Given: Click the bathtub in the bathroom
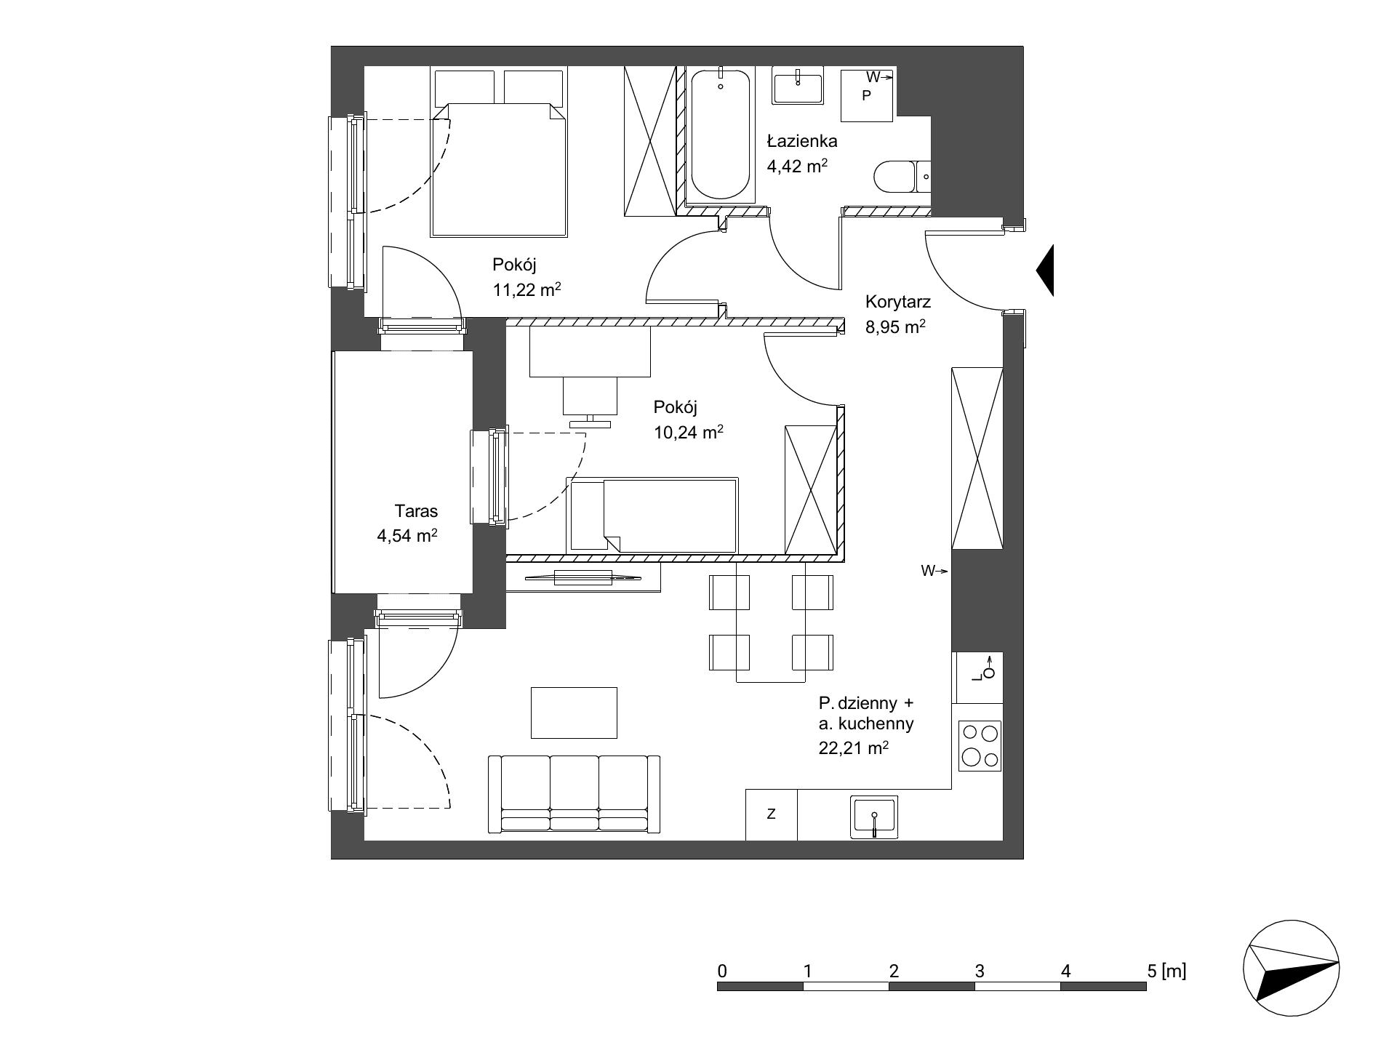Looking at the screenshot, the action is [x=720, y=135].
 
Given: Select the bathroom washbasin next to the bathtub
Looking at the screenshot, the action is [x=798, y=86].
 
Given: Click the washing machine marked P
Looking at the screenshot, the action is [x=867, y=95].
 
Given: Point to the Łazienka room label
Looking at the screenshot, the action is [x=802, y=142].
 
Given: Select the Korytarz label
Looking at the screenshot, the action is [x=898, y=302].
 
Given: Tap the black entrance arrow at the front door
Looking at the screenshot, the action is [x=1045, y=270].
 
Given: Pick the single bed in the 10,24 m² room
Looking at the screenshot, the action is [x=653, y=515].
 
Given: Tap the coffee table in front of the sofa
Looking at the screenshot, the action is [x=575, y=713].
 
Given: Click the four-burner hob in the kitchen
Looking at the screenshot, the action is [x=980, y=745].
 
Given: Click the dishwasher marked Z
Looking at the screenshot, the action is [x=772, y=814].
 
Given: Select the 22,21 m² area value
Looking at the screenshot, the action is [x=854, y=748].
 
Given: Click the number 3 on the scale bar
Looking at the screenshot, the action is [x=980, y=970].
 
